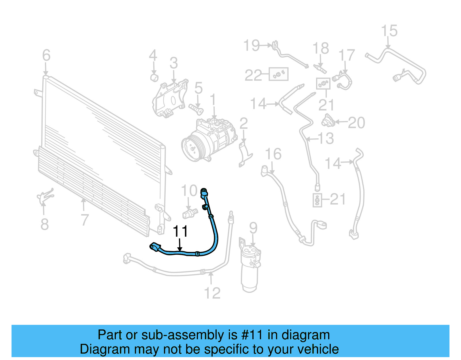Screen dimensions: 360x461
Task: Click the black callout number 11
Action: click(180, 231)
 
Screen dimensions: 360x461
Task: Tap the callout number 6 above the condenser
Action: click(46, 55)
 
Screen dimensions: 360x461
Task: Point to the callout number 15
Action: click(389, 31)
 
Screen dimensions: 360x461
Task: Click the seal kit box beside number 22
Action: click(278, 74)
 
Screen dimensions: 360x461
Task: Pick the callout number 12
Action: click(212, 293)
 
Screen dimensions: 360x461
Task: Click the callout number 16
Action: click(273, 154)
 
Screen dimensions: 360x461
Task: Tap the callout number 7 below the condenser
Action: click(84, 220)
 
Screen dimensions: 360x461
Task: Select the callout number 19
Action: click(252, 45)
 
